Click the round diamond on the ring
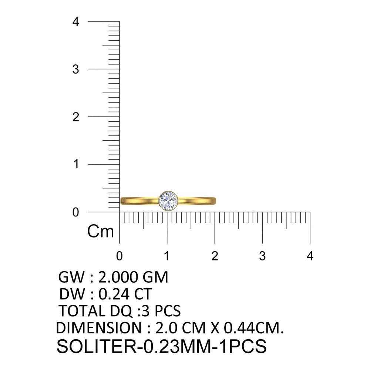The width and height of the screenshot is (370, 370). pyautogui.click(x=168, y=201)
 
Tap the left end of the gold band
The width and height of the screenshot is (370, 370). pyautogui.click(x=121, y=201)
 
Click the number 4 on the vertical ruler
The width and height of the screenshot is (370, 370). pyautogui.click(x=76, y=22)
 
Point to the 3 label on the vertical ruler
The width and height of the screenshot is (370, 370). pyautogui.click(x=76, y=70)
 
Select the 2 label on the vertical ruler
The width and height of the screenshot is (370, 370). pyautogui.click(x=76, y=117)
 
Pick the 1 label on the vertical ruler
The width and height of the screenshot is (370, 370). pyautogui.click(x=76, y=164)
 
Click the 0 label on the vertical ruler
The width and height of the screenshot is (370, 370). pyautogui.click(x=75, y=212)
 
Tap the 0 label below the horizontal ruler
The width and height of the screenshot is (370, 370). pyautogui.click(x=120, y=256)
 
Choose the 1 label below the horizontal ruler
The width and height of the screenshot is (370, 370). pyautogui.click(x=167, y=256)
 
